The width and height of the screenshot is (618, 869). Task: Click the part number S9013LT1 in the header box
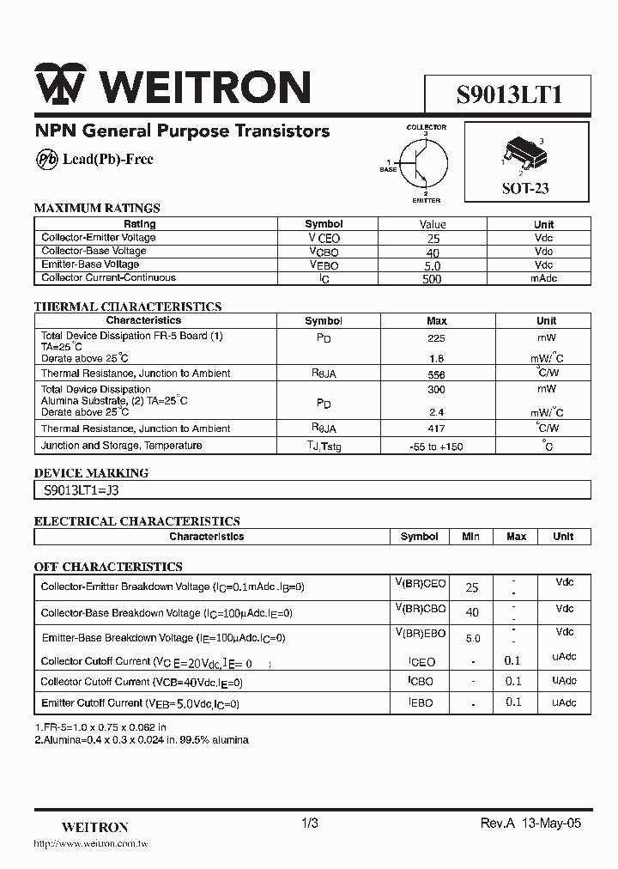tap(509, 93)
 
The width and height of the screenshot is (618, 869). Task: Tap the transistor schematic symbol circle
tap(427, 162)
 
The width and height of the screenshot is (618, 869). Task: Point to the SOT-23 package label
tap(525, 188)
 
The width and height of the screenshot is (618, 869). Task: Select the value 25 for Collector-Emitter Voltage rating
tap(433, 238)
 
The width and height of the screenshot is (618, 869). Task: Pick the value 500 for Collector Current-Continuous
tap(433, 279)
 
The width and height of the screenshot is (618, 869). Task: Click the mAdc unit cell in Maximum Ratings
tap(543, 278)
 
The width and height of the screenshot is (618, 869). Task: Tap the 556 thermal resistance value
tap(436, 374)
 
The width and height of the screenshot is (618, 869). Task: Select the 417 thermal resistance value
tap(436, 428)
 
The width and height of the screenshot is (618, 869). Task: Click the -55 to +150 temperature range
tap(436, 447)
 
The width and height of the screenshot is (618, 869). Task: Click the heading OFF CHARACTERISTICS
tap(108, 567)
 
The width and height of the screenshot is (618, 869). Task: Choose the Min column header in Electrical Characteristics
tap(470, 537)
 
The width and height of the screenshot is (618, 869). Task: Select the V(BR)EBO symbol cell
tap(420, 635)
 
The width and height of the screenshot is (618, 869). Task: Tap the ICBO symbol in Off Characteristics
tap(420, 682)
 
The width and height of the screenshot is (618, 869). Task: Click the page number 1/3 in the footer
tap(310, 823)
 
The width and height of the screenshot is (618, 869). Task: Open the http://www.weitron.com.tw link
tap(91, 845)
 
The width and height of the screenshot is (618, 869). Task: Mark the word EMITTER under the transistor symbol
tap(426, 200)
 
